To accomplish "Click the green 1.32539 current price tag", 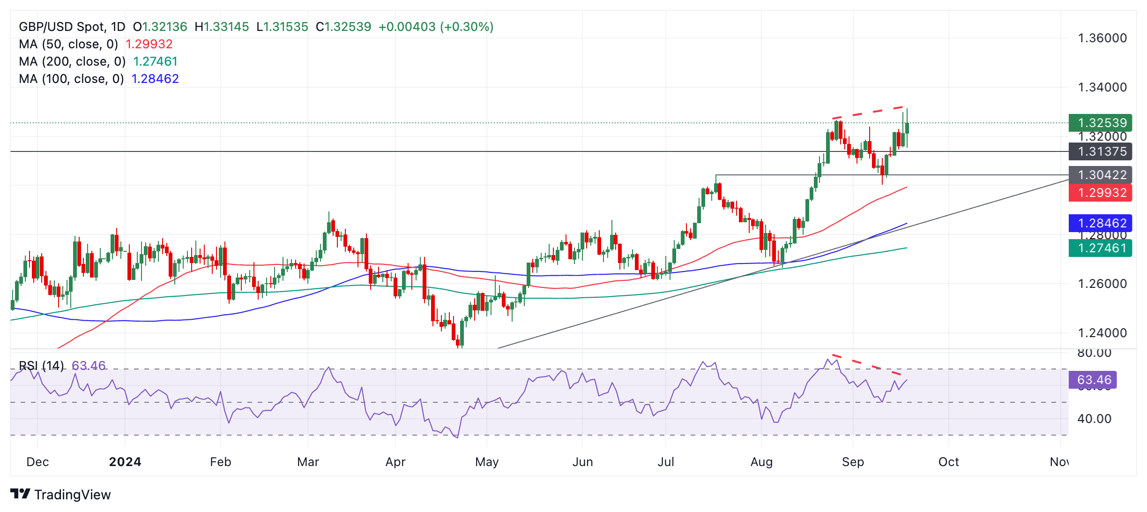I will coord(1100,123).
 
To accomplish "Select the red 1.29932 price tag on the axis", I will coord(1100,193).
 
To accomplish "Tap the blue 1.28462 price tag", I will coord(1100,223).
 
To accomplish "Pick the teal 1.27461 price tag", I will coord(1100,248).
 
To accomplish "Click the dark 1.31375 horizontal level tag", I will coord(1100,151).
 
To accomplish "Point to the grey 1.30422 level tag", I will coord(1100,175).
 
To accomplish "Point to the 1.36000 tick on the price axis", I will coord(1102,38).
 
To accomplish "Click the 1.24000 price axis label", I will coord(1102,333).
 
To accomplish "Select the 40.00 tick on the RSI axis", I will coord(1094,419).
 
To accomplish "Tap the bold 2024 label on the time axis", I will coord(125,462).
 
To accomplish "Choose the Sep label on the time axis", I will coord(853,462).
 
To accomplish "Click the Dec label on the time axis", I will coord(37,462).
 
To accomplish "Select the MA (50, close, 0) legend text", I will coord(68,44).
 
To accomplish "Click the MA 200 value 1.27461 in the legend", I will coord(155,61).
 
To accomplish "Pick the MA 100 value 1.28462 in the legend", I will coord(155,79).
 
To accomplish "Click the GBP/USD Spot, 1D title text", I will coord(72,27).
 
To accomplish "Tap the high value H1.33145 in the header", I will coord(222,27).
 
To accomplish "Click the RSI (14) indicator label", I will coord(41,365).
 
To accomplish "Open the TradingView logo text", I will coord(72,495).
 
